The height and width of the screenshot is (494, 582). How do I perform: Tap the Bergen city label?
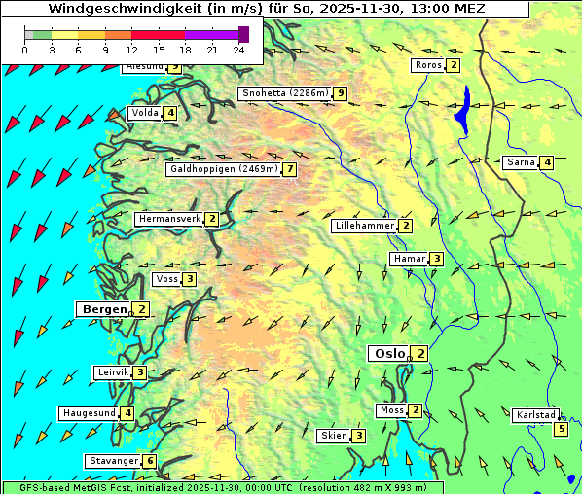[x=102, y=309]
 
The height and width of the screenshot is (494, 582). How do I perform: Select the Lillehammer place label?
[x=364, y=226]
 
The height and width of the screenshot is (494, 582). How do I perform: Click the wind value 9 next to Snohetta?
[x=340, y=93]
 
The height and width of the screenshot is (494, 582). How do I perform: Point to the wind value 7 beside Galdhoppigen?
[x=289, y=169]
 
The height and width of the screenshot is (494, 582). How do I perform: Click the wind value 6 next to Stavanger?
[x=149, y=461]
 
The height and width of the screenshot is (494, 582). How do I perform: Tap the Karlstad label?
[x=536, y=415]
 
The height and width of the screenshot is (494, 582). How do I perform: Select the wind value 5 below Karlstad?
[x=561, y=429]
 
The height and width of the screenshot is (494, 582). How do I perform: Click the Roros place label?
[x=427, y=65]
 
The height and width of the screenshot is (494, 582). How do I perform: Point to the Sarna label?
[x=521, y=162]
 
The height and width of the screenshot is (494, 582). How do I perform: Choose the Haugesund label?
[x=89, y=413]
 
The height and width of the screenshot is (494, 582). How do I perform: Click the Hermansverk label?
[x=169, y=219]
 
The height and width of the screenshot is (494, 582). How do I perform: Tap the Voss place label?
[x=166, y=279]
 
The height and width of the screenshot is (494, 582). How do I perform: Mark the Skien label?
[x=334, y=436]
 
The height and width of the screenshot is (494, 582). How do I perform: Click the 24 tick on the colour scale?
[x=237, y=49]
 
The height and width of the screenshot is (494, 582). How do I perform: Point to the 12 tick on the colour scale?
[x=131, y=49]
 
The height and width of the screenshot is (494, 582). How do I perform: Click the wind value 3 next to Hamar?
[x=437, y=259]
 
